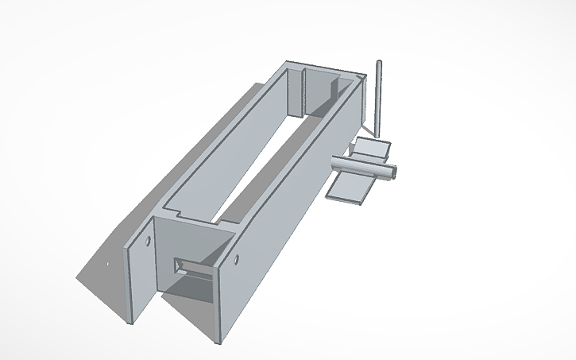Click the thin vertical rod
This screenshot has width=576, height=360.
[x=379, y=99]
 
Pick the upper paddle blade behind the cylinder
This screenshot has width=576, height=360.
[x=372, y=148]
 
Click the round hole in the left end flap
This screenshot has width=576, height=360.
[x=149, y=240]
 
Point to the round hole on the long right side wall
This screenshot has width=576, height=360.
[x=237, y=259]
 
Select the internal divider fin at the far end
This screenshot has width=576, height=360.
[x=304, y=92]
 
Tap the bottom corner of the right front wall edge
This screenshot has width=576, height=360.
[x=217, y=343]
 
